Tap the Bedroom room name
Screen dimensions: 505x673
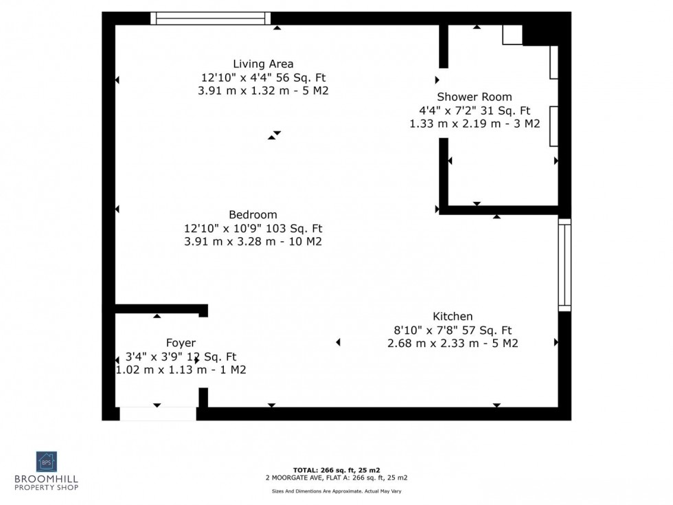pyautogui.click(x=253, y=214)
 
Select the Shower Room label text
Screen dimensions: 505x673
pyautogui.click(x=475, y=97)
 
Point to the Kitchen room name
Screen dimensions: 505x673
pyautogui.click(x=453, y=316)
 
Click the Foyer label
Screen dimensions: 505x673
pyautogui.click(x=181, y=343)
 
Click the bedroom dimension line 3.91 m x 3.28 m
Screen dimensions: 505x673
pyautogui.click(x=253, y=242)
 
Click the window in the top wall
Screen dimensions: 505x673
pyautogui.click(x=210, y=19)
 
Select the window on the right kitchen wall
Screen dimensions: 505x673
pyautogui.click(x=564, y=265)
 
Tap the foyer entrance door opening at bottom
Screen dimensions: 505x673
pyautogui.click(x=157, y=414)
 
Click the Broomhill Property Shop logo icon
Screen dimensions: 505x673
pyautogui.click(x=47, y=461)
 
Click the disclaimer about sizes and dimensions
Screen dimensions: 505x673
pyautogui.click(x=336, y=491)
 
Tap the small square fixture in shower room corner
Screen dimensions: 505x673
pyautogui.click(x=512, y=35)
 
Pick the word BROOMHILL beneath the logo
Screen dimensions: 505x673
pyautogui.click(x=47, y=479)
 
